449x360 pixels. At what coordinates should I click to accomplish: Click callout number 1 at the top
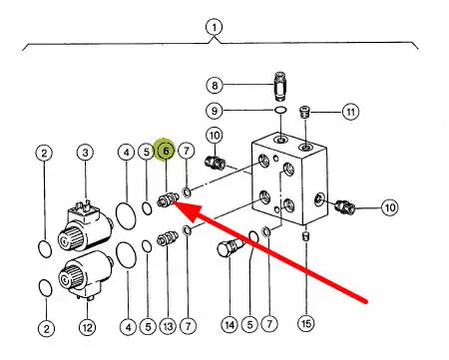tap(214, 27)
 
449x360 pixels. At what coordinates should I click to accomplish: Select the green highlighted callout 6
tap(166, 151)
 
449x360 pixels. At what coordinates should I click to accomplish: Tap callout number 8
tap(215, 85)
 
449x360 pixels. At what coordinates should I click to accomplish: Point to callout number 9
tap(215, 110)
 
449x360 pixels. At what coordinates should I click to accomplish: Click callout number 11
tap(351, 112)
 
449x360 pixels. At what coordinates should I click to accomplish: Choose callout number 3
tap(86, 153)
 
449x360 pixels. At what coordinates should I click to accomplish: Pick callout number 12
tap(87, 327)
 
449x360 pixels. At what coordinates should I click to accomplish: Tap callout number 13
tap(168, 326)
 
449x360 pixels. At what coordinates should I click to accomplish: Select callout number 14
tap(229, 325)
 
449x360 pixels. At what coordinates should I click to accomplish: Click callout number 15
tap(306, 323)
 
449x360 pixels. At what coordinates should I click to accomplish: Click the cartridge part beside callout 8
tap(281, 86)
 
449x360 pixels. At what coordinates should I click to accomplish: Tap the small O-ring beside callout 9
tap(280, 111)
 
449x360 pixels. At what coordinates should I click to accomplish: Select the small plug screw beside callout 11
tap(304, 112)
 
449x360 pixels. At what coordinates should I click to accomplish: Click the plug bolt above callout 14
tap(230, 248)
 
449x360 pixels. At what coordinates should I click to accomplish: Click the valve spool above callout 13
tap(167, 238)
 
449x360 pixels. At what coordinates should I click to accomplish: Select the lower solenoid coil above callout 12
tap(86, 274)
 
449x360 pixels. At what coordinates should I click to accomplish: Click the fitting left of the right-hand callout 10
tap(346, 205)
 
